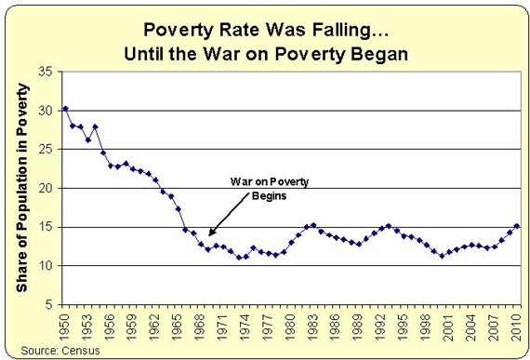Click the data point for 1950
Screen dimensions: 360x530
pos(65,109)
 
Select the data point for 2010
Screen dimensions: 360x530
pos(517,226)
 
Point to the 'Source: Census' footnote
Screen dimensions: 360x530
pos(43,350)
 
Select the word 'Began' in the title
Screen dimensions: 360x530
pos(380,53)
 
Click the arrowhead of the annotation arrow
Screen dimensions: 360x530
pos(210,235)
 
